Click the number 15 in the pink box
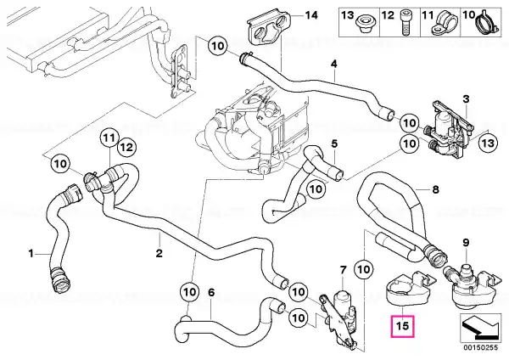coord(402,325)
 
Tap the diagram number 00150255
coord(480,347)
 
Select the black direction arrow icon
coord(480,328)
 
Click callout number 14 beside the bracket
coord(311,15)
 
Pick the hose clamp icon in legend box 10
coord(487,24)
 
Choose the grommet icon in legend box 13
coord(364,25)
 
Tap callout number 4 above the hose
coord(334,64)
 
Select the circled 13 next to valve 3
coord(489,143)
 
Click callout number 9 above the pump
coord(466,243)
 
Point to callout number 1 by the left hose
coord(31,253)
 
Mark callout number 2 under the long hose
coord(159,253)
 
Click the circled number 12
coord(126,147)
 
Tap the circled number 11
coord(109,138)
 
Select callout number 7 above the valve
coord(343,269)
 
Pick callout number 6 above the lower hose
coord(211,293)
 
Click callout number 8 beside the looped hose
coord(435,189)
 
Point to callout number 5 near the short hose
coord(334,143)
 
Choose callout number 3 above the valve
coord(466,98)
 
